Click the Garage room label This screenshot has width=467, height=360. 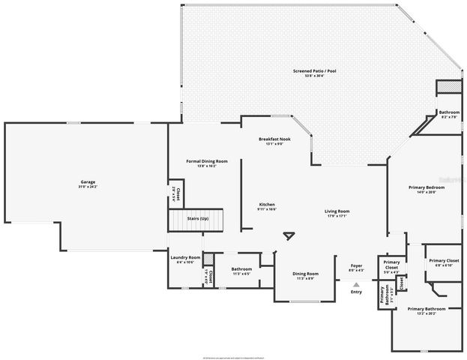(88, 182)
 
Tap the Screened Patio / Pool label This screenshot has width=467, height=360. (314, 70)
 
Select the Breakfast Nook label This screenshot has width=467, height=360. (274, 139)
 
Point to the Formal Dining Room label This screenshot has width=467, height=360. (207, 161)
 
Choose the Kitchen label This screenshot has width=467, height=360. (268, 205)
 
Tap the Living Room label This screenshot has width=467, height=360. (337, 211)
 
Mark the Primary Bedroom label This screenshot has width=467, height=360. (421, 187)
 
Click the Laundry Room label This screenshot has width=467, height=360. (184, 257)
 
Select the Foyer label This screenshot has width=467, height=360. (357, 265)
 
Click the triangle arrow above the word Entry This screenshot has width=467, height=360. (357, 285)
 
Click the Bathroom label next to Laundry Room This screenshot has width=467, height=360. (241, 268)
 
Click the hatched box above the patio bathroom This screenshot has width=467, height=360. (448, 88)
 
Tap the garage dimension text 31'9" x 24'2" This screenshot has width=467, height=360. (88, 187)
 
